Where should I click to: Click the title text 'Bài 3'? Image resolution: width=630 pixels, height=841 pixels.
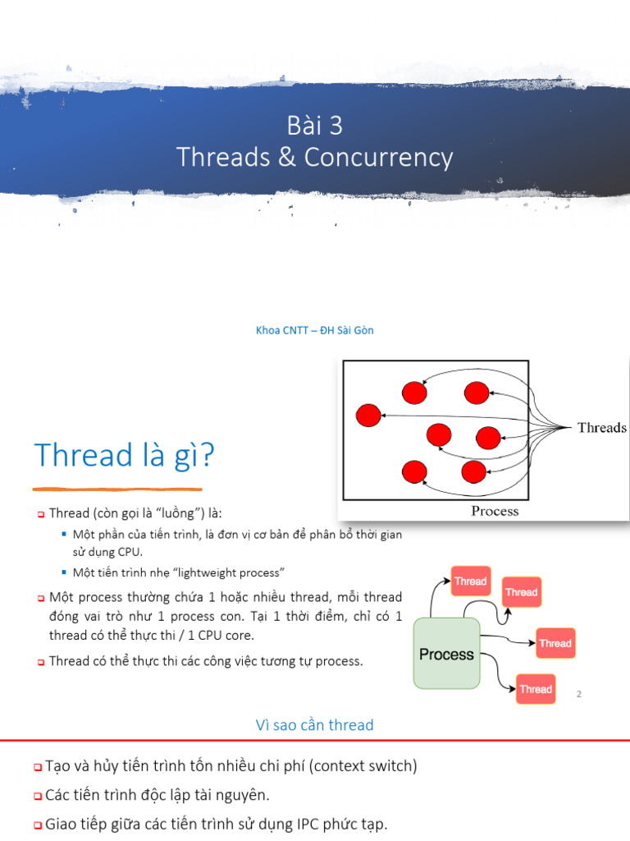pyautogui.click(x=315, y=126)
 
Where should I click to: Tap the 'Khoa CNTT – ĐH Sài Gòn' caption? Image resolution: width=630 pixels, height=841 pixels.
pyautogui.click(x=315, y=330)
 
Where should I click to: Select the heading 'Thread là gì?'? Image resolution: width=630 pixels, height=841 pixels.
pyautogui.click(x=124, y=455)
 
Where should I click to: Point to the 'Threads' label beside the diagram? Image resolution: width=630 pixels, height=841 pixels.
pyautogui.click(x=601, y=428)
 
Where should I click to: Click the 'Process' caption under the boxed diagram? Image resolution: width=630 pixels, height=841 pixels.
pyautogui.click(x=495, y=511)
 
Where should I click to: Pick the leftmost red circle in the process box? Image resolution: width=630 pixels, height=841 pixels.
pyautogui.click(x=369, y=416)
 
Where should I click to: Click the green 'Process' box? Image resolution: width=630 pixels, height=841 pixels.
pyautogui.click(x=446, y=654)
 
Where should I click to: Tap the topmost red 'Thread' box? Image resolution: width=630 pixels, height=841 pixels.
pyautogui.click(x=471, y=581)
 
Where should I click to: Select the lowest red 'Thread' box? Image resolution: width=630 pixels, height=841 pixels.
pyautogui.click(x=536, y=689)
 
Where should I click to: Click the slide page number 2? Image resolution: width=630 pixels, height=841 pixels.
pyautogui.click(x=579, y=695)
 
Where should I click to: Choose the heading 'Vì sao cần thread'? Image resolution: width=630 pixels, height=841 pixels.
pyautogui.click(x=315, y=725)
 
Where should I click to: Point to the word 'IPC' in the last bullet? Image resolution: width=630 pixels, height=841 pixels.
pyautogui.click(x=291, y=824)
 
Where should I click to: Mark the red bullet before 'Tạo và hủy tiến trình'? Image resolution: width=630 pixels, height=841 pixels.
pyautogui.click(x=38, y=767)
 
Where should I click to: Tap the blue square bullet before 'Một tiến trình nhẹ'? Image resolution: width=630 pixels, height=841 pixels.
pyautogui.click(x=63, y=572)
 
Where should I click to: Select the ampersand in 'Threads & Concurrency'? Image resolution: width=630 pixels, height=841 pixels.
pyautogui.click(x=286, y=157)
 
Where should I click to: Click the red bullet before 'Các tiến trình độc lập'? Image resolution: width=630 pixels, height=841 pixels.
pyautogui.click(x=38, y=796)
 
